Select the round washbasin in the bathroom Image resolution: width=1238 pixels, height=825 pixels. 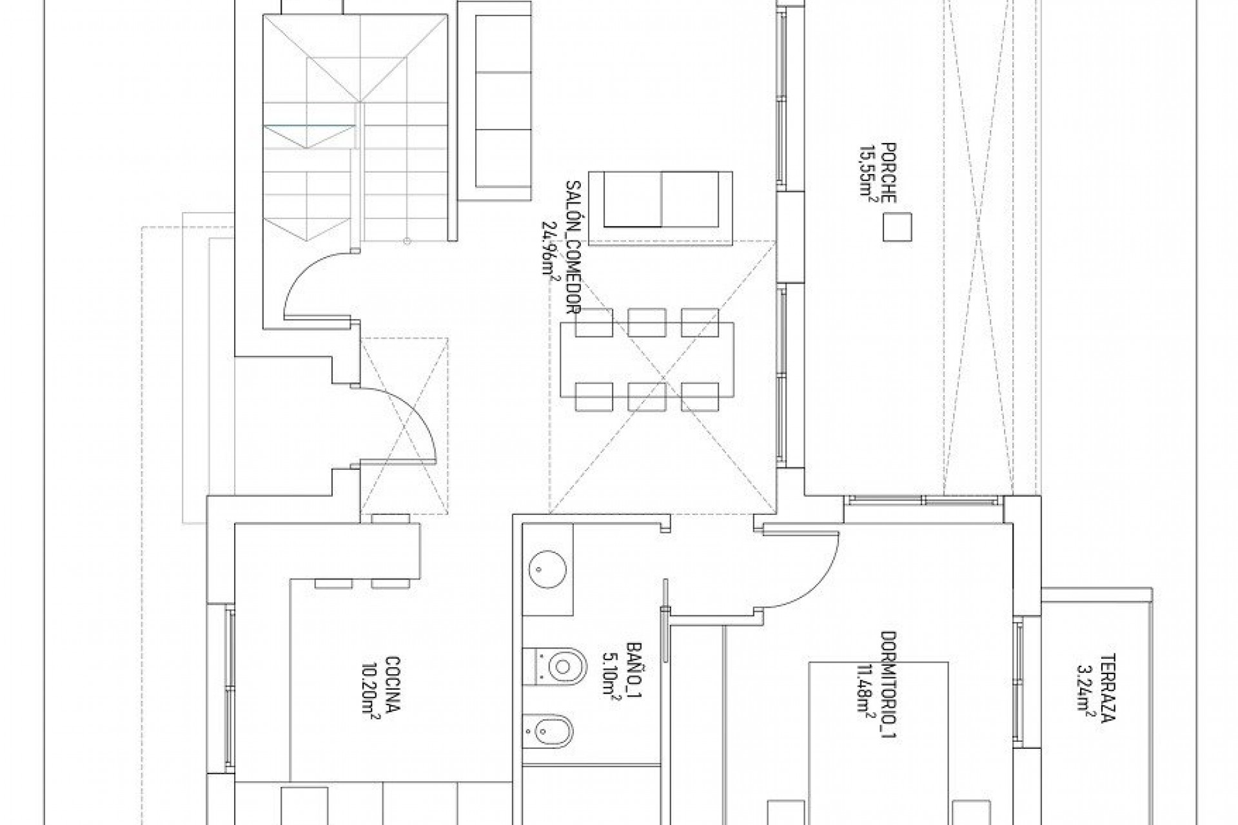point(548,570)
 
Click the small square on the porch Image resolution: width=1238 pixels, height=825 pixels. point(898,228)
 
